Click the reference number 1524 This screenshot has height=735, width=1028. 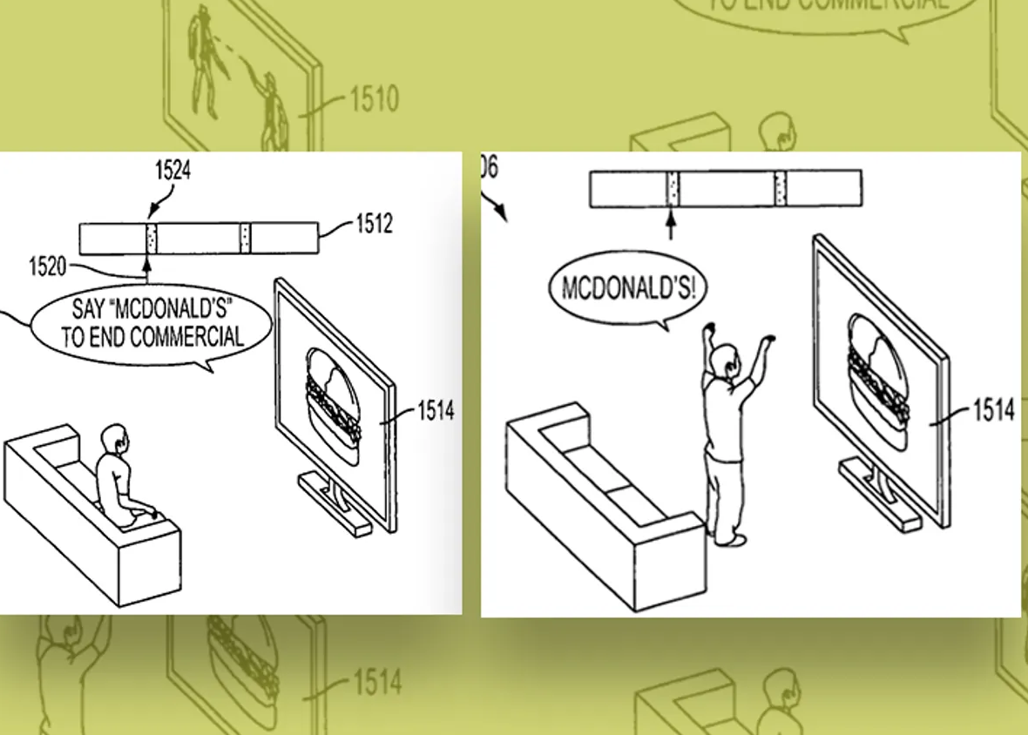[x=172, y=171]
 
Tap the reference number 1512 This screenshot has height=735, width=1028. [x=374, y=225]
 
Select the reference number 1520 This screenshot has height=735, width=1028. [x=47, y=266]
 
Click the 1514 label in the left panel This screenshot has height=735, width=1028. [x=436, y=410]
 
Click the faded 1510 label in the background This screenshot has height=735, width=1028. [x=374, y=98]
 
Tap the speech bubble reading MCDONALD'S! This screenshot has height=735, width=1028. [x=628, y=288]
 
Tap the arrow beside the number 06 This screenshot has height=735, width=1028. [x=496, y=208]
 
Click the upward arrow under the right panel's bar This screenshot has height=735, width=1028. [x=670, y=225]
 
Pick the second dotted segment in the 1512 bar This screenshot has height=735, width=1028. [x=246, y=238]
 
